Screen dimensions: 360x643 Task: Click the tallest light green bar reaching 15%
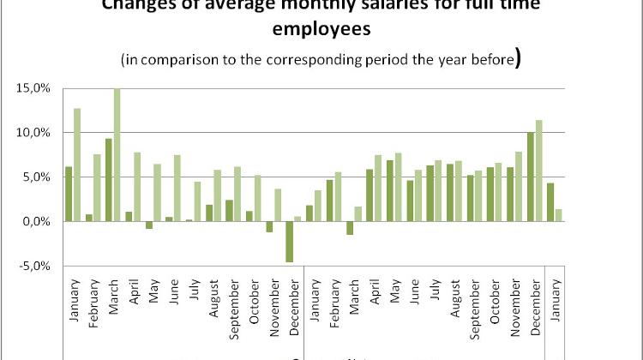[117, 154]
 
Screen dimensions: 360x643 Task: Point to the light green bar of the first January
[77, 165]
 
